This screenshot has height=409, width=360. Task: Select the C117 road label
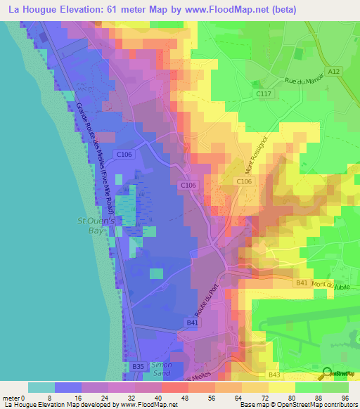[264, 94]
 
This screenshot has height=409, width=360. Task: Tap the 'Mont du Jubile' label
[333, 285]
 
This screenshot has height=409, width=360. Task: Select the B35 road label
[139, 366]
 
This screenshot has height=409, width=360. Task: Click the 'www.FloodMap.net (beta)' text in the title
[236, 10]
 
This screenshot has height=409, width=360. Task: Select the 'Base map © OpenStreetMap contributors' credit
[296, 405]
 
